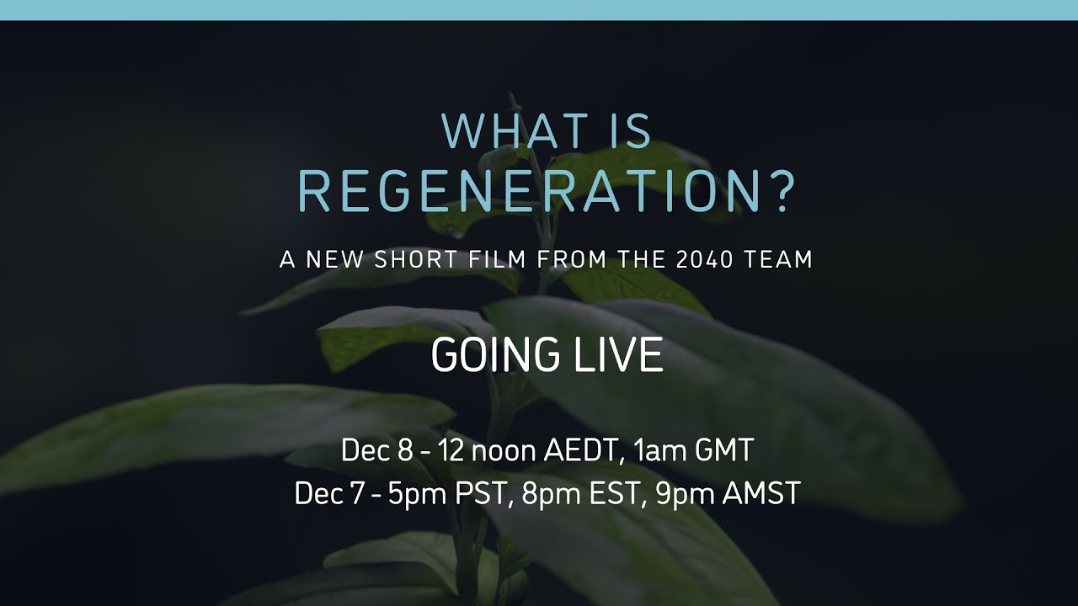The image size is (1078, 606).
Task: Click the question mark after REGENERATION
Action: (781, 193)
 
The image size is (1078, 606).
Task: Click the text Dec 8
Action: (376, 450)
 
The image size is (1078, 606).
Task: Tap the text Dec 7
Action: (330, 493)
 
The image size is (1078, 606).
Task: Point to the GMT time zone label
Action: (723, 450)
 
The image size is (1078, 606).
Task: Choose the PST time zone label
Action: (483, 493)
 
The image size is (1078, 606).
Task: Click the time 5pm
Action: (418, 494)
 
